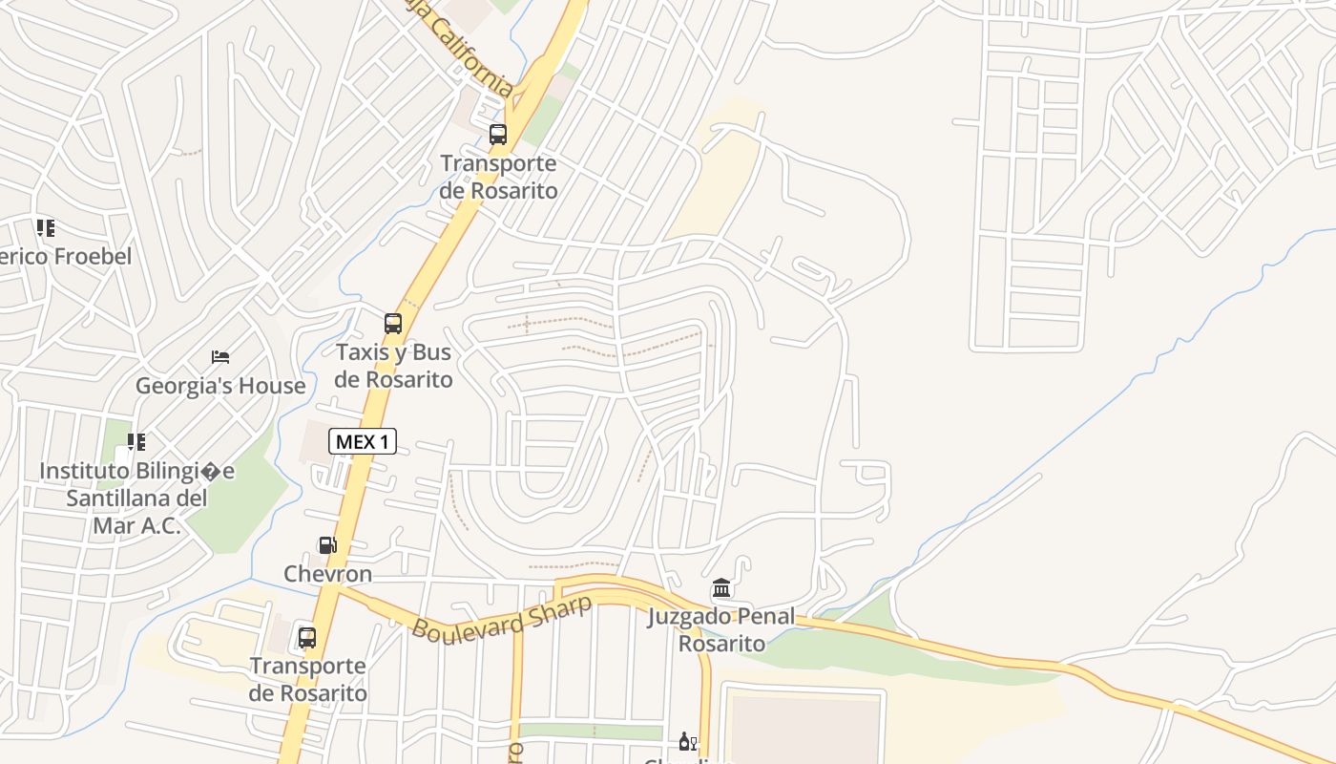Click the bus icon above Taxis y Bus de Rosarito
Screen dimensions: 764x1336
pos(393,324)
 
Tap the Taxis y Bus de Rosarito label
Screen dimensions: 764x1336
pos(393,366)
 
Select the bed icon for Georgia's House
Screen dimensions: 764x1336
pos(220,357)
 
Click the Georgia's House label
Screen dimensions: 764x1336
pos(220,386)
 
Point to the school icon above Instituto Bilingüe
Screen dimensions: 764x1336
pos(136,442)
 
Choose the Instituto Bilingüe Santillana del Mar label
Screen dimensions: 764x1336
pos(136,498)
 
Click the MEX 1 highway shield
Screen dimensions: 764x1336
pos(363,441)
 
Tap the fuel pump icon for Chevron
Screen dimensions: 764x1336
pos(327,545)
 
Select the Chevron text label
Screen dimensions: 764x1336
pos(327,574)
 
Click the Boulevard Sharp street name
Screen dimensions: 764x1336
pos(502,617)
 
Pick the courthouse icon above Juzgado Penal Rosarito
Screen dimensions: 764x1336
pos(721,588)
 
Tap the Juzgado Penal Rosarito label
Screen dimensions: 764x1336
pos(721,629)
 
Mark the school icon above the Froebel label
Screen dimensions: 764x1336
pos(45,228)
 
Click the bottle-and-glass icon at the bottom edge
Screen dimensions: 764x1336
pos(687,742)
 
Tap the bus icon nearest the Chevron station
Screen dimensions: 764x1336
pos(307,637)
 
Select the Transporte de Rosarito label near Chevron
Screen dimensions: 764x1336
pos(307,679)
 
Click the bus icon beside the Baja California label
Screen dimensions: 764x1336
pos(498,135)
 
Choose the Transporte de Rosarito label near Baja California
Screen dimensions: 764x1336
pos(498,177)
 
